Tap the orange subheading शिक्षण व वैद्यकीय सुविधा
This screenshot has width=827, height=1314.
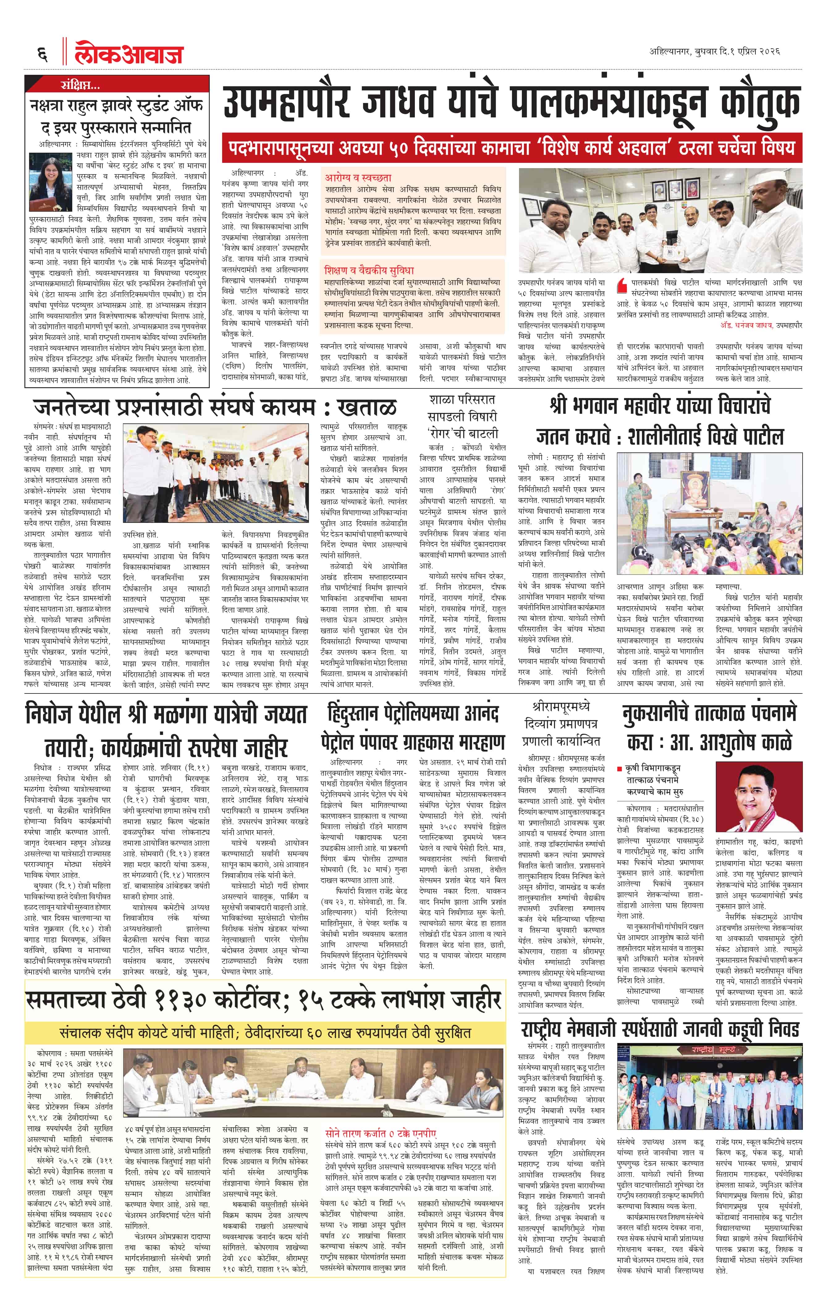[369, 270]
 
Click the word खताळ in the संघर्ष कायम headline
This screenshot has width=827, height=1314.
[367, 407]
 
